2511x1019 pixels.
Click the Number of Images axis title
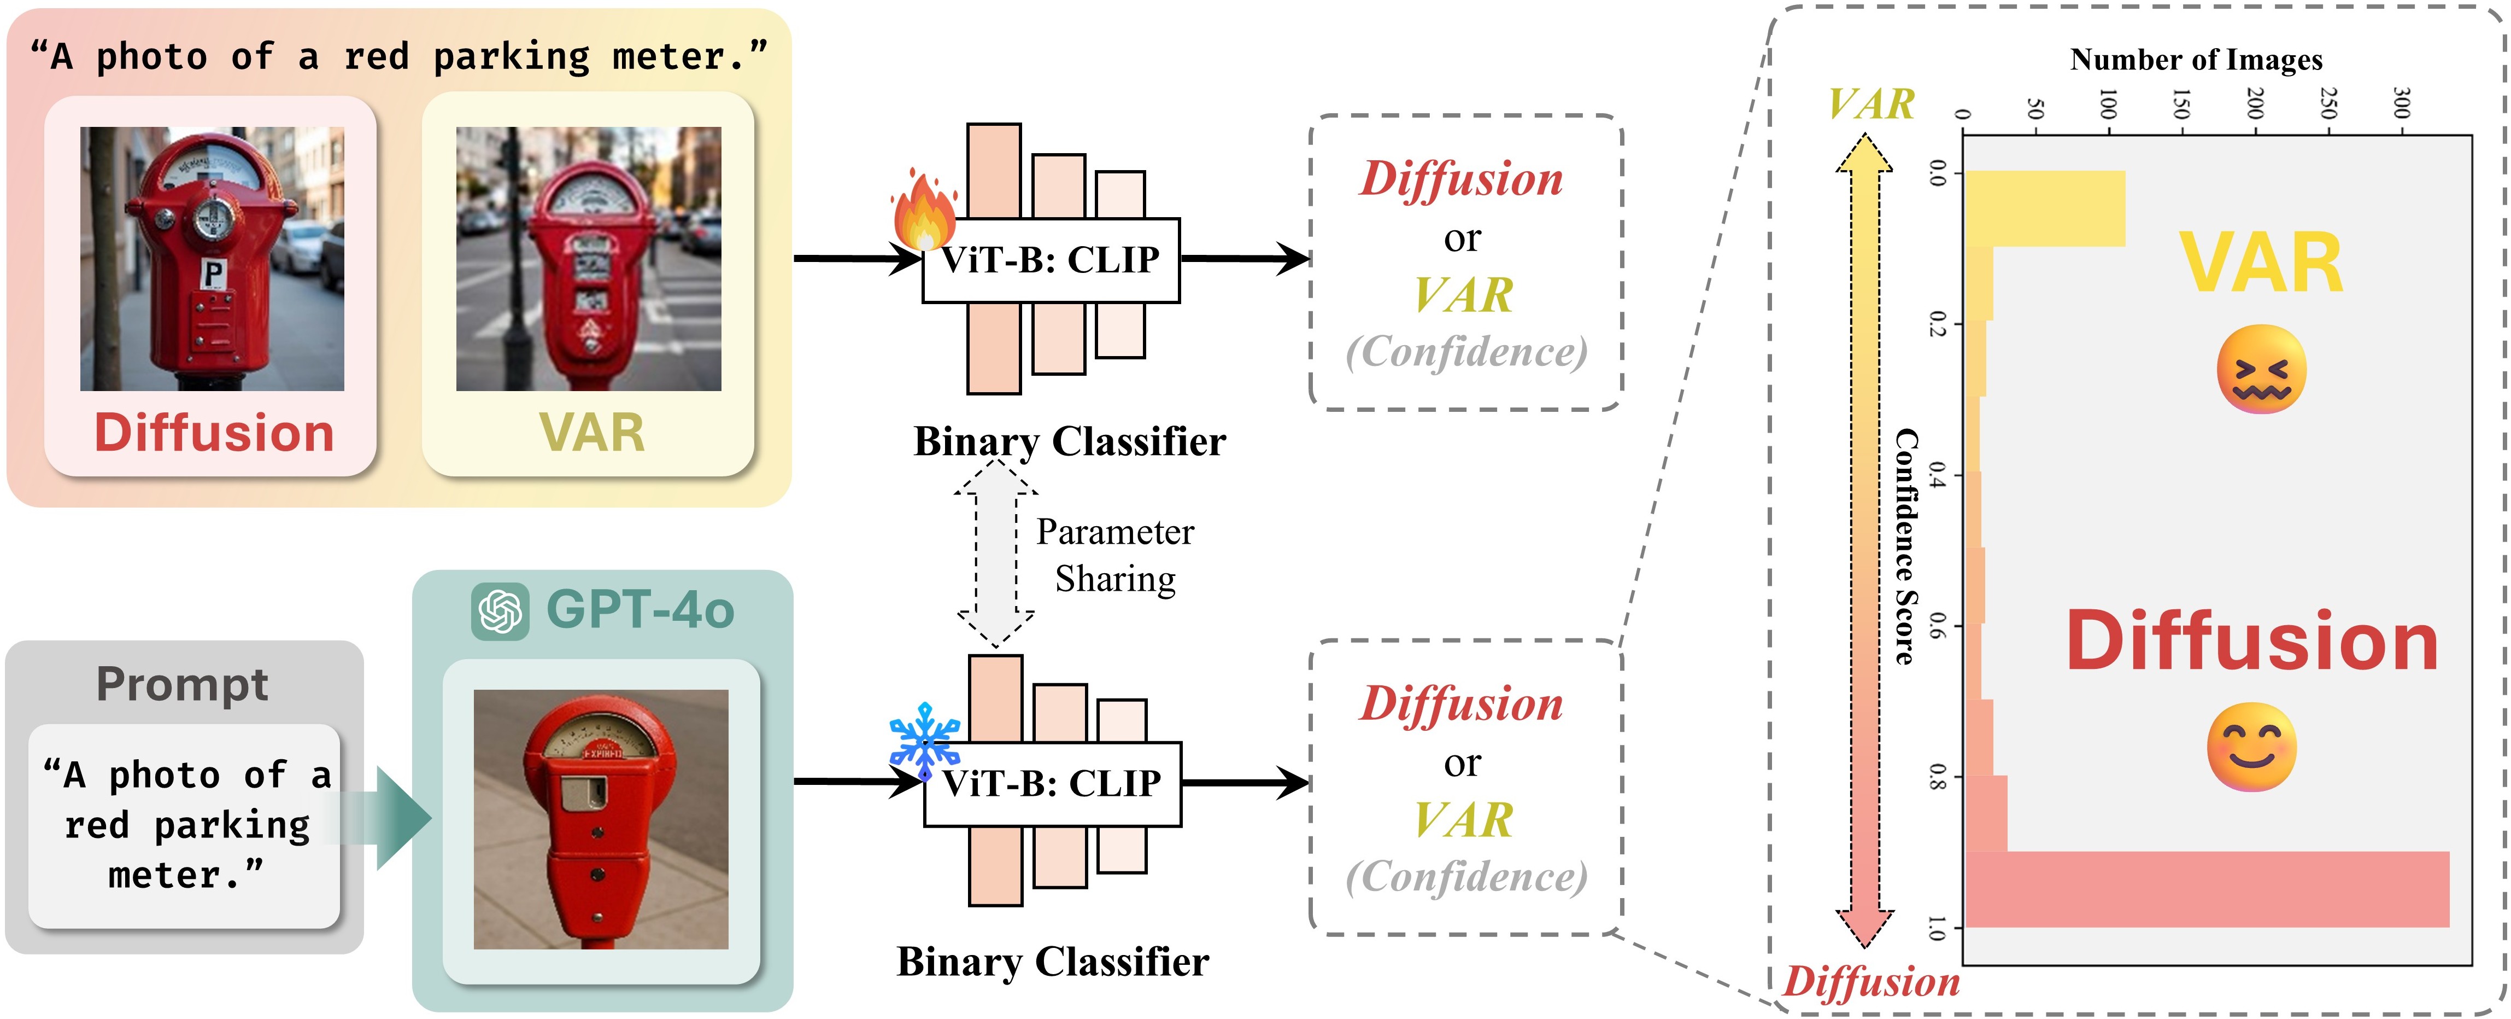tap(2196, 60)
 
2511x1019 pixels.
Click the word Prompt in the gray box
tap(182, 685)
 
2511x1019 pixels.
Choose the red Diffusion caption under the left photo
tap(214, 433)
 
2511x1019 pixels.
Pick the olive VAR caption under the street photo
tap(592, 433)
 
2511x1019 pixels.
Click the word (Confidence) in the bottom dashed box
tap(1466, 877)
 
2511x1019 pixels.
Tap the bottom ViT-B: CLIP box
tap(1052, 784)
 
